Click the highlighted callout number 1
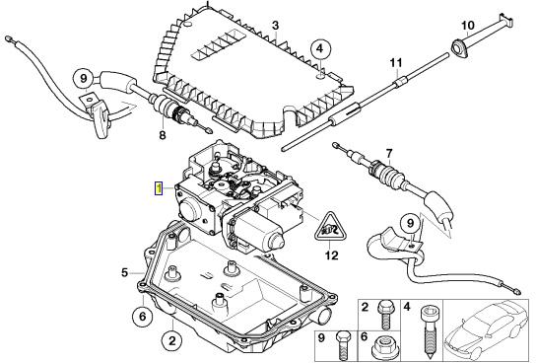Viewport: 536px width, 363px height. pos(159,188)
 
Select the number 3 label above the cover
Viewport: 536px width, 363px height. pos(275,26)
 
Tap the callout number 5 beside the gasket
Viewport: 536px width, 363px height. pos(125,272)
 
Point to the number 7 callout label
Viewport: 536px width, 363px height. pos(389,154)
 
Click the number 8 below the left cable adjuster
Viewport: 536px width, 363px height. pos(163,135)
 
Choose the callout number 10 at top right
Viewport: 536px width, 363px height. pos(468,26)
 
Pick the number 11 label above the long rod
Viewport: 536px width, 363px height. pos(396,63)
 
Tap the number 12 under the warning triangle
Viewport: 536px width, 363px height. pos(331,255)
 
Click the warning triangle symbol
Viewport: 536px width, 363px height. pos(329,229)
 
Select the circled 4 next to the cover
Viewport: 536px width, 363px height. pos(320,48)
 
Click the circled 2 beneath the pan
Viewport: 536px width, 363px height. pos(172,340)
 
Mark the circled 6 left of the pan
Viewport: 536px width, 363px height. pos(142,316)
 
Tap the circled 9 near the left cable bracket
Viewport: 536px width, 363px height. pos(84,79)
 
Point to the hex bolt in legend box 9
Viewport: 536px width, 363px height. pos(343,346)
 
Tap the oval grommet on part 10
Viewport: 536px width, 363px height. pos(458,46)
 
